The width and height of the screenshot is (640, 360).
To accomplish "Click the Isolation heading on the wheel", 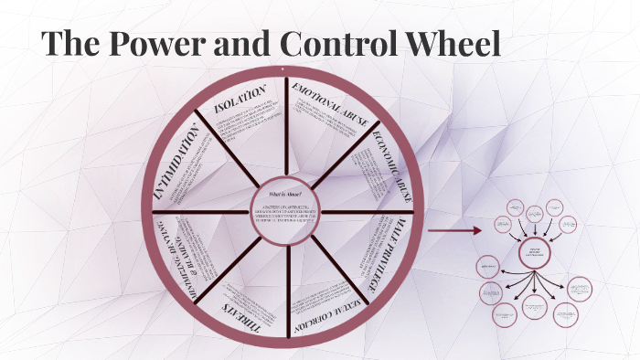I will coord(240,100).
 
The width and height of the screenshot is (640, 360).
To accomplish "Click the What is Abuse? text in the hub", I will coord(283,195).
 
